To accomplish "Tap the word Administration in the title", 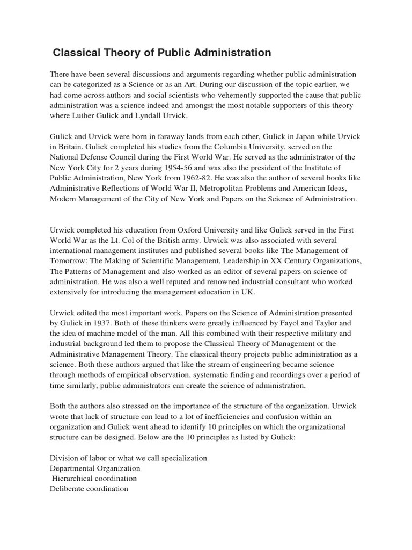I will click(x=237, y=53).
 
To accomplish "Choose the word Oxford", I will click(x=187, y=230).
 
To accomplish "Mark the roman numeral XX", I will click(x=264, y=261).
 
